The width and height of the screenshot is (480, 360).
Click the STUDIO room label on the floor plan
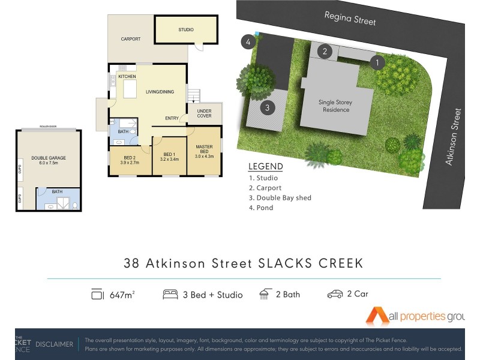tap(185, 29)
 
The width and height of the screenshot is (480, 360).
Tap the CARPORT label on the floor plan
tap(130, 39)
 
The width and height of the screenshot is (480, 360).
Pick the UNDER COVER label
tap(204, 113)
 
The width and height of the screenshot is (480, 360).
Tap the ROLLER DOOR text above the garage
tap(48, 127)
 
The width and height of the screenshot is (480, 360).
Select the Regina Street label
tap(350, 18)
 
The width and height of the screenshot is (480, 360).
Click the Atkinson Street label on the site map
tap(453, 137)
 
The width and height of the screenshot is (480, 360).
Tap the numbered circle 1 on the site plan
tap(377, 62)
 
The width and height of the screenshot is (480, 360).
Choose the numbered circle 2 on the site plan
tap(325, 51)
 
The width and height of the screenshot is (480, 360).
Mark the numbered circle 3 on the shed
tap(268, 108)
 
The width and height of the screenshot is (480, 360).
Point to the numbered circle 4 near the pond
tap(247, 42)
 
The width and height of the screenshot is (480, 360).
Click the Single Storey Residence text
tap(335, 106)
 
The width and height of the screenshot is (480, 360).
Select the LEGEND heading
tap(265, 166)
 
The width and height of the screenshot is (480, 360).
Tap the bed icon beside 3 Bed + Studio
tap(170, 295)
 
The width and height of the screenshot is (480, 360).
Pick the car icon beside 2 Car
tap(335, 295)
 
